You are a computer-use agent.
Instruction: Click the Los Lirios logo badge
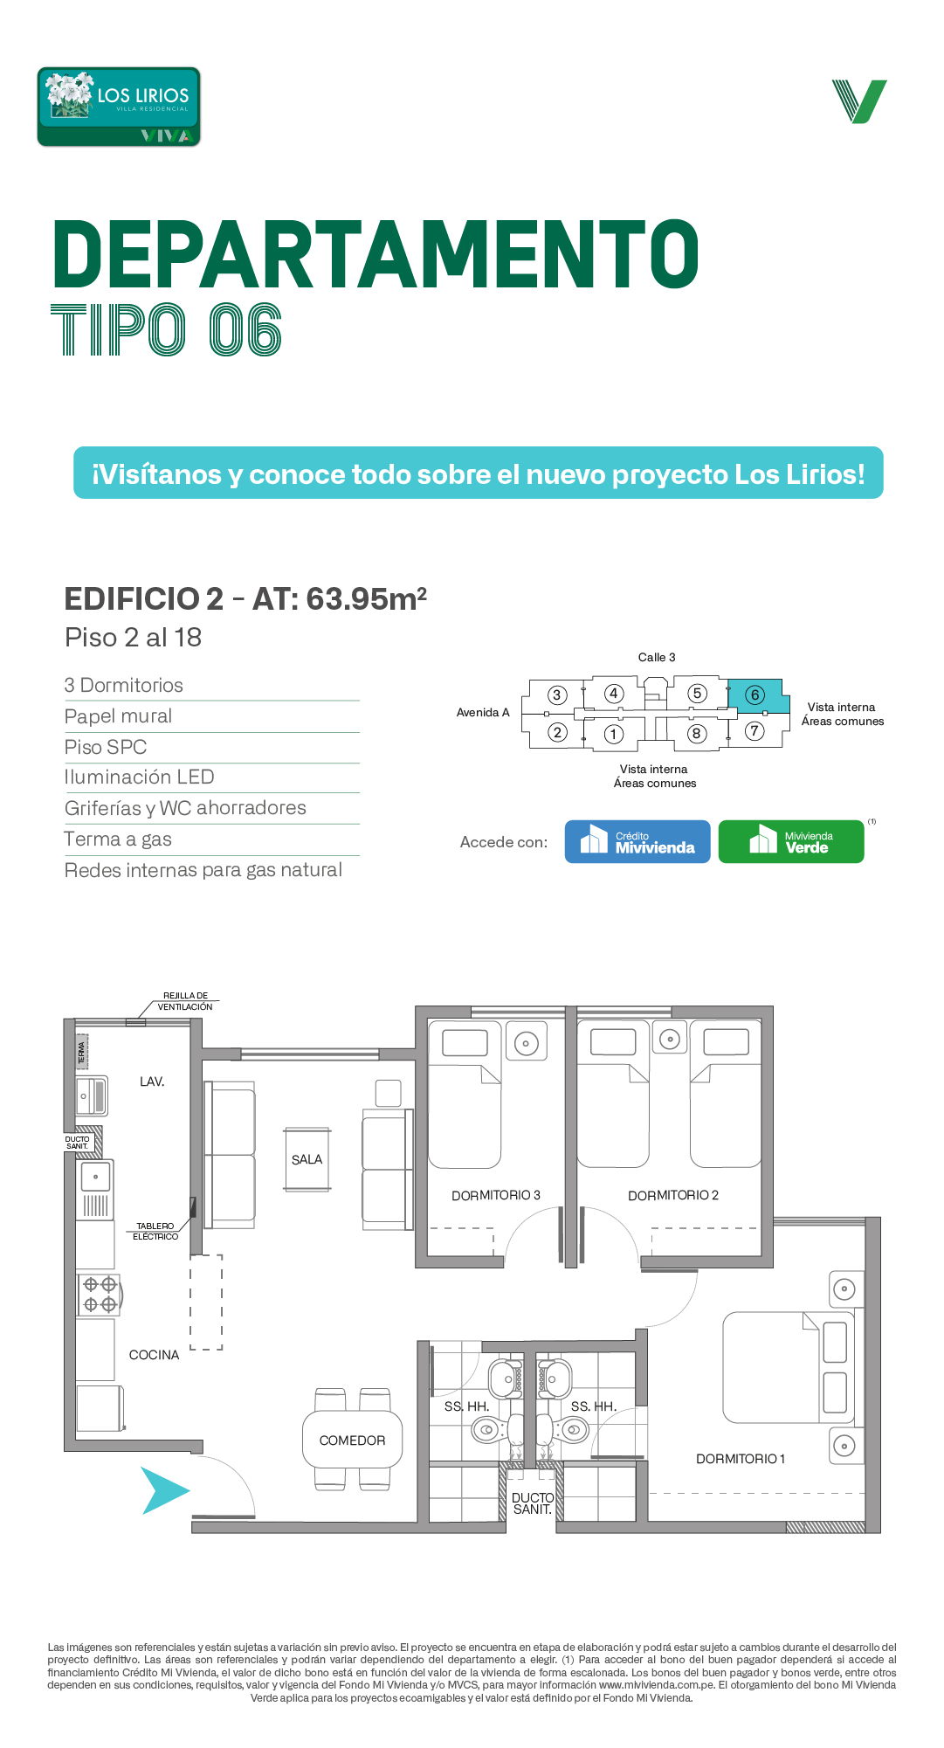(119, 107)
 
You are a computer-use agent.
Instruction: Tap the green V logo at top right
(859, 101)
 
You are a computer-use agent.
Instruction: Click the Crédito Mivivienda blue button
(637, 841)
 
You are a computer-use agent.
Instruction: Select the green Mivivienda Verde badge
(791, 841)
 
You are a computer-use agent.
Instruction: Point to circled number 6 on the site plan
(755, 695)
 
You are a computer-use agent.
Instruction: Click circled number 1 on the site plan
(614, 734)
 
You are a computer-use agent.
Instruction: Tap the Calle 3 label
(657, 657)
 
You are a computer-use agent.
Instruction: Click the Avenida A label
(483, 713)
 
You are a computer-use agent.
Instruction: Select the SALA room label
(307, 1159)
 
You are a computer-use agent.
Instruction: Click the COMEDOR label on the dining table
(352, 1441)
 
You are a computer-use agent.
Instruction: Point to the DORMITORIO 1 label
(741, 1459)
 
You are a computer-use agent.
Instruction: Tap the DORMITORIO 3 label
(496, 1195)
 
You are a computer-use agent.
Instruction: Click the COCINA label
(154, 1355)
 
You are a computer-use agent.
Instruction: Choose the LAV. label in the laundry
(152, 1081)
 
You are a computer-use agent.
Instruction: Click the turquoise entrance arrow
(164, 1490)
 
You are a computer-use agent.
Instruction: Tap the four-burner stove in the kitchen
(99, 1295)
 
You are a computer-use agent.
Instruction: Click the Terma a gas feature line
(118, 839)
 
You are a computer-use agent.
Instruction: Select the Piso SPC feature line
(106, 748)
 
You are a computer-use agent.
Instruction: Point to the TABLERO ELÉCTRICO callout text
(155, 1232)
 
